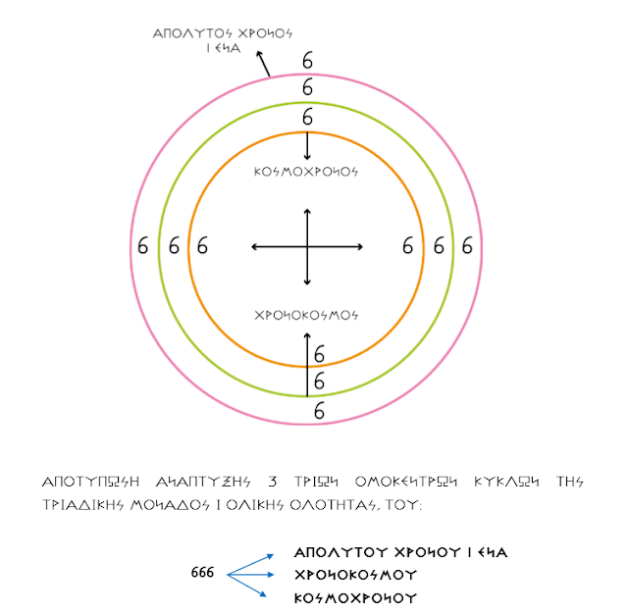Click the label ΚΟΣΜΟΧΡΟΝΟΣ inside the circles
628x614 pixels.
click(307, 171)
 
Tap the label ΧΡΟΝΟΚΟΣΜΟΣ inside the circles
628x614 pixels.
click(307, 316)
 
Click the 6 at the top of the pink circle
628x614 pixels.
click(307, 62)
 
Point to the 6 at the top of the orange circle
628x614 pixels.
click(307, 118)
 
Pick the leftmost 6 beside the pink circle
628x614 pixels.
click(143, 246)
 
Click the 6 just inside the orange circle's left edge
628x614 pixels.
click(203, 246)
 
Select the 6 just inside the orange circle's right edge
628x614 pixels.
click(408, 245)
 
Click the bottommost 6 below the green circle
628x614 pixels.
click(319, 412)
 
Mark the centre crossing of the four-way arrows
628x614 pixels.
click(307, 246)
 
